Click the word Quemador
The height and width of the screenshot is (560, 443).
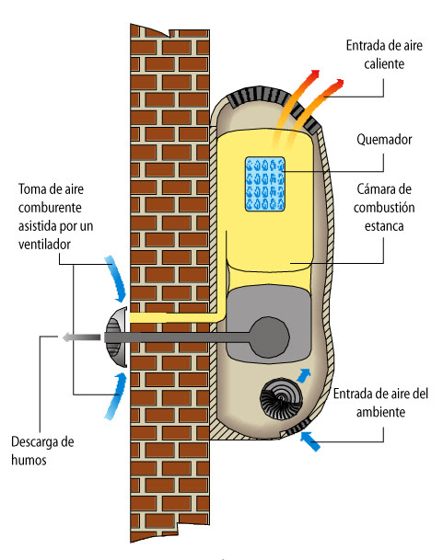[384, 140]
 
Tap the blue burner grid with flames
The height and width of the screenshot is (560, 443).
[265, 184]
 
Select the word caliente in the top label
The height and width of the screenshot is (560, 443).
[384, 64]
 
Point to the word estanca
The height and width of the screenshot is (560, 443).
[384, 226]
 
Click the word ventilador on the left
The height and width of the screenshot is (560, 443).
[44, 245]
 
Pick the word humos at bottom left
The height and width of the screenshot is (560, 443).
[29, 460]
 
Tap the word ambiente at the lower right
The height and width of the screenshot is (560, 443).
[380, 412]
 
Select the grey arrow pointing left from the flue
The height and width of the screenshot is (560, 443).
[81, 337]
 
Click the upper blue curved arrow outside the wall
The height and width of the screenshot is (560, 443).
[117, 279]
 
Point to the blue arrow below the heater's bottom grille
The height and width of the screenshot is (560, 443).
[309, 441]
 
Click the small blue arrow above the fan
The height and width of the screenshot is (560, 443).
[304, 375]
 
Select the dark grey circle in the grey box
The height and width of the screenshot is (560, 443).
[269, 337]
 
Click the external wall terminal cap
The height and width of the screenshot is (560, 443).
[116, 337]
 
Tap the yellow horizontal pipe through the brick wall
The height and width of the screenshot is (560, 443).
[175, 317]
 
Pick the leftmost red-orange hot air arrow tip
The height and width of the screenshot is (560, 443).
[315, 74]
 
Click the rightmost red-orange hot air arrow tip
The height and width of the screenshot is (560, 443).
[339, 84]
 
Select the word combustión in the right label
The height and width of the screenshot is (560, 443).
[384, 208]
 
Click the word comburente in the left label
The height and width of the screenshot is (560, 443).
[50, 208]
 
